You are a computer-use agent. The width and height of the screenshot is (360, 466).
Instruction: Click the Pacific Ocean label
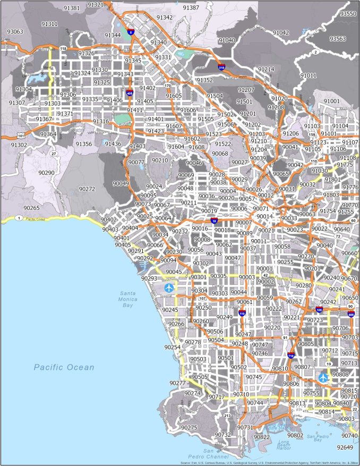(x=64, y=367)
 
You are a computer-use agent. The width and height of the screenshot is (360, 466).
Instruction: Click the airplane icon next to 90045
(x=169, y=287)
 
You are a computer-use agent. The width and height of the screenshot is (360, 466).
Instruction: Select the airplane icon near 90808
(x=323, y=378)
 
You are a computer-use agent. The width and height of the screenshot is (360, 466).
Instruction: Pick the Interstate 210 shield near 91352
(x=221, y=67)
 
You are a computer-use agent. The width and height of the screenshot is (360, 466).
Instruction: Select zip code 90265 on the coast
(x=31, y=208)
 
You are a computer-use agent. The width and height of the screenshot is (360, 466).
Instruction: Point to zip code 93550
(x=348, y=13)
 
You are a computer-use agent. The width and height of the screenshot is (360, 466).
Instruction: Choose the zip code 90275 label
(x=190, y=427)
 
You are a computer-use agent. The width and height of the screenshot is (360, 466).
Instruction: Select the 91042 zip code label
(x=281, y=32)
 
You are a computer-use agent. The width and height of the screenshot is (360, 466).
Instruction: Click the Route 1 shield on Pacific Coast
(x=20, y=218)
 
